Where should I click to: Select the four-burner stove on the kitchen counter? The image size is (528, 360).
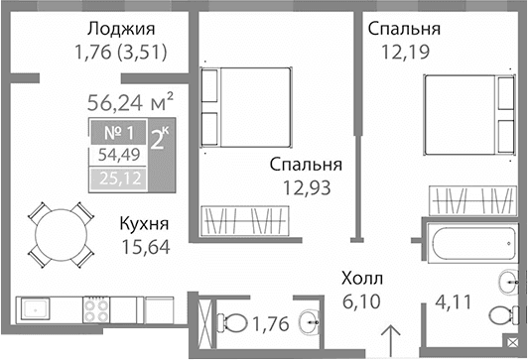[x=97, y=310]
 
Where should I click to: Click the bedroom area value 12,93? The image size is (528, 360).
[x=305, y=185]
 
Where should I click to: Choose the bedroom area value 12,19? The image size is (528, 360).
[x=403, y=52]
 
